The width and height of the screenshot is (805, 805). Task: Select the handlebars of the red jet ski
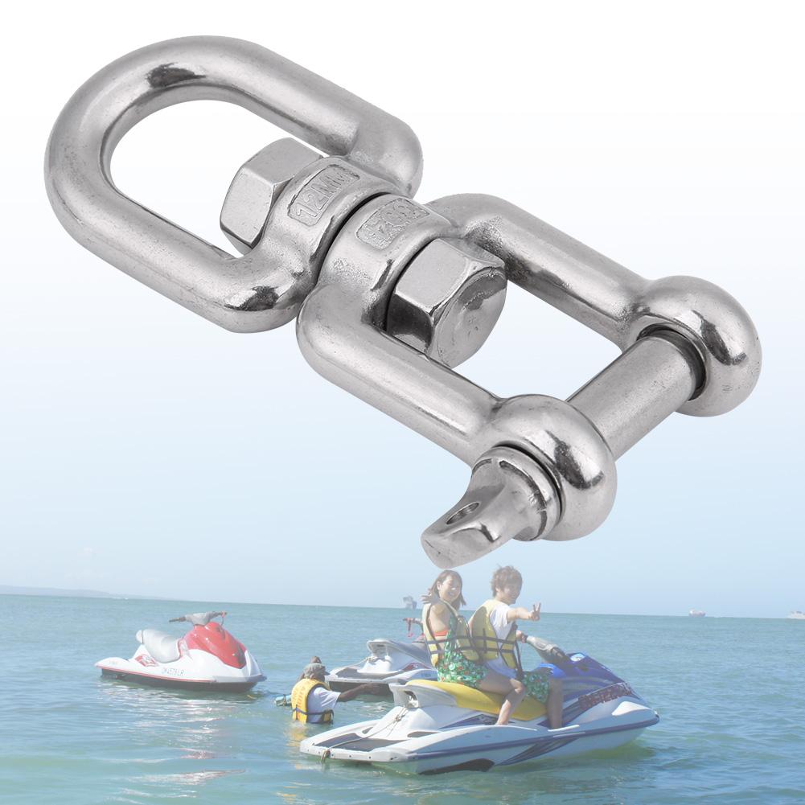pos(197,618)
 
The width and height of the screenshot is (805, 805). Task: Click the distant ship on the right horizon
pos(696,613)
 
